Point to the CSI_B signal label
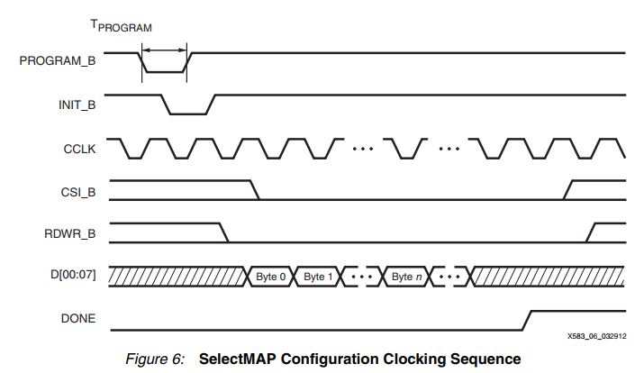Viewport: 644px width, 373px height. click(78, 190)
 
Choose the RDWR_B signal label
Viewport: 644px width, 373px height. click(72, 232)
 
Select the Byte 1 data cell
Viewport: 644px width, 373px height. click(318, 276)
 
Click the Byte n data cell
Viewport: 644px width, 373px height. click(407, 276)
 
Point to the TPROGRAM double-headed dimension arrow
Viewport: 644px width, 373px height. click(165, 49)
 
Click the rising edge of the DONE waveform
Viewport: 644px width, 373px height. click(528, 319)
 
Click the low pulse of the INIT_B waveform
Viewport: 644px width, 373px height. click(187, 114)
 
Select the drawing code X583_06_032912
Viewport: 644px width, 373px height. click(596, 335)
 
